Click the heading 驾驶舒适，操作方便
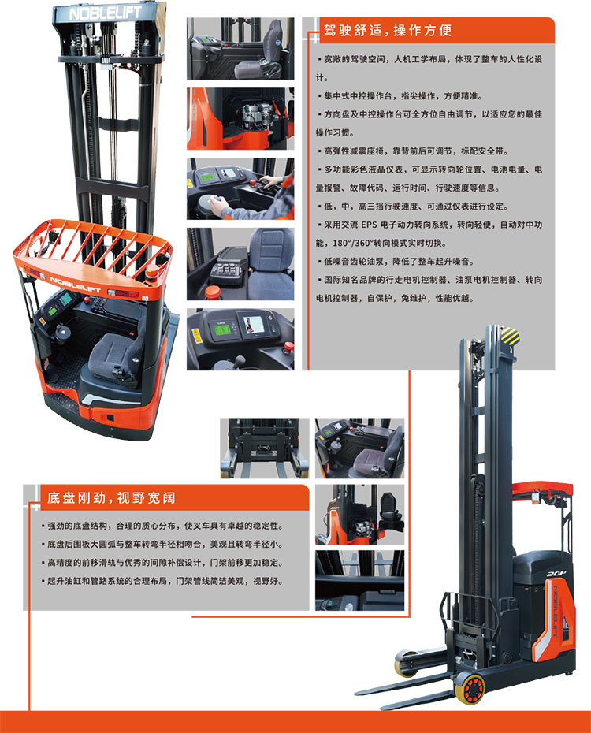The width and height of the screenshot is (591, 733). [x=388, y=31]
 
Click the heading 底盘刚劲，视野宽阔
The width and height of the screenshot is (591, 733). [x=111, y=498]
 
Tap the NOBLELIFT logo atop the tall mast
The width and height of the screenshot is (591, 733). [x=106, y=13]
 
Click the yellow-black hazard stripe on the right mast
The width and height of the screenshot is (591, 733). [x=509, y=336]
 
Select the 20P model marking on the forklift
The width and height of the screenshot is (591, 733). [x=556, y=574]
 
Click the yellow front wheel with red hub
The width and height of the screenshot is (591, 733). [x=470, y=689]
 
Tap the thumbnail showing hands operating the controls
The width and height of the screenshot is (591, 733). [x=240, y=189]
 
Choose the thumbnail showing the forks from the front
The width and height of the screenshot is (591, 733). [x=265, y=448]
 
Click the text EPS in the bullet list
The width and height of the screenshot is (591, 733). [x=369, y=225]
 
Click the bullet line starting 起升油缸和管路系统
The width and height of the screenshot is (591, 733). [x=162, y=581]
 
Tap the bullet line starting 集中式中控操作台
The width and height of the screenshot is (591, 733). [x=400, y=96]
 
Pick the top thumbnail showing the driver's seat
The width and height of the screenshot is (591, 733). [x=240, y=49]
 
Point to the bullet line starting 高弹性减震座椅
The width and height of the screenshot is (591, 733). [x=413, y=151]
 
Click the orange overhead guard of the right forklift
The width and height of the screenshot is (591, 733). [x=542, y=489]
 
